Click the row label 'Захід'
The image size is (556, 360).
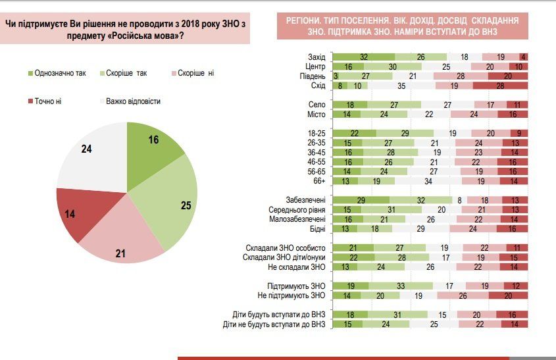316,57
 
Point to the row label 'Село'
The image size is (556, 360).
316,105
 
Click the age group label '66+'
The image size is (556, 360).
318,180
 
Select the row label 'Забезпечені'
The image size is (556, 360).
307,199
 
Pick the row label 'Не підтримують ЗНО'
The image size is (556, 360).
294,296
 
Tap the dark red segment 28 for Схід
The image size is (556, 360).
500,86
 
